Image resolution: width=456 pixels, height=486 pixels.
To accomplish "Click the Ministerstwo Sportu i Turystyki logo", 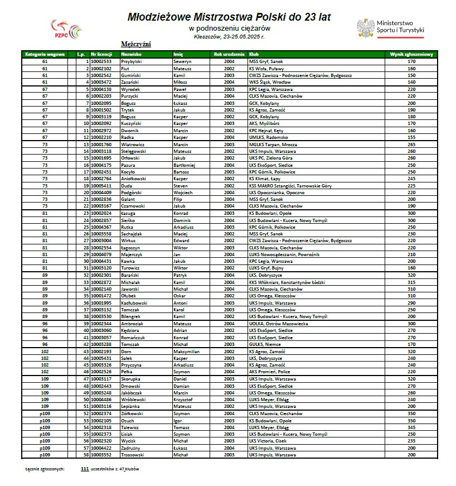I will tap(390, 27).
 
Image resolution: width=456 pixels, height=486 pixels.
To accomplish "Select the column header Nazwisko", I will tap(131, 54).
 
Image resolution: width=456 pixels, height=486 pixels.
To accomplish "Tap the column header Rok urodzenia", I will tap(229, 54).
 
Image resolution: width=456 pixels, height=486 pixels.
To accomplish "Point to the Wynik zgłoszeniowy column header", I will tap(411, 54).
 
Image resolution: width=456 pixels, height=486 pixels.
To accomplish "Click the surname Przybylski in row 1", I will tap(132, 61).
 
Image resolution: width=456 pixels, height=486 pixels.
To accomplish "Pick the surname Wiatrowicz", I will tap(133, 144).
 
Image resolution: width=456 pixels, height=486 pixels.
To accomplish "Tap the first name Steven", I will tap(181, 185).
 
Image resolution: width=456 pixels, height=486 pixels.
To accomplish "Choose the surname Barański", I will tap(130, 275).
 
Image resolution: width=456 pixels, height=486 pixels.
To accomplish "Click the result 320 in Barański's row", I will tap(411, 275).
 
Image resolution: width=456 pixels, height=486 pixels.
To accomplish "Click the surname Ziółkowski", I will tap(132, 413).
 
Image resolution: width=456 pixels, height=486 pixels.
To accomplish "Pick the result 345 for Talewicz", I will tap(411, 427).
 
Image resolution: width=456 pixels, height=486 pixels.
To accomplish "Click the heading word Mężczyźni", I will tap(135, 44).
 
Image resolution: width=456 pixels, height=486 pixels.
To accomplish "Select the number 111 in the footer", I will tap(85, 469).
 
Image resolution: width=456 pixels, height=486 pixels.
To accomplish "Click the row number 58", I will tap(86, 455).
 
